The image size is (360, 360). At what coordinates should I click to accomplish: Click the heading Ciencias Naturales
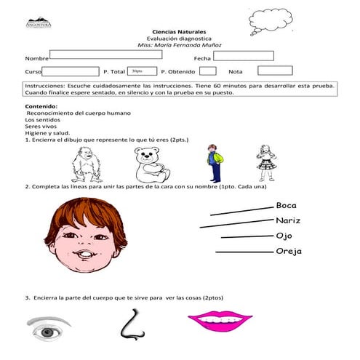click(x=180, y=32)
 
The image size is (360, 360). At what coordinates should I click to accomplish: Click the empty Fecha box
click(x=243, y=55)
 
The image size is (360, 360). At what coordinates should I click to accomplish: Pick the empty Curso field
click(x=70, y=71)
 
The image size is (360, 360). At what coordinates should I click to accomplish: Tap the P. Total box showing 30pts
click(x=142, y=71)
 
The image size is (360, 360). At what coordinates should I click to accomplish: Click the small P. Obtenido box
click(x=208, y=71)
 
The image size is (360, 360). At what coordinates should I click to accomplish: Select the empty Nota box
click(x=275, y=71)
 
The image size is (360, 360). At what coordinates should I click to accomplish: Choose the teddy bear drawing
click(x=151, y=165)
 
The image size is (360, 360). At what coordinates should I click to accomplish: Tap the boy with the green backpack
click(x=213, y=163)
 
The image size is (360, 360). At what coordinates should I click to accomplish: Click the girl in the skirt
click(x=265, y=163)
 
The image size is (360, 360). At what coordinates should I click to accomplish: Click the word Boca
click(x=287, y=206)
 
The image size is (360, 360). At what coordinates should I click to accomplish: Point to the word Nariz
click(x=288, y=221)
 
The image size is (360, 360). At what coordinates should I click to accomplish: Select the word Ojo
click(x=284, y=236)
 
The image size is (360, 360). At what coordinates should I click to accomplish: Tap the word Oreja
click(x=289, y=252)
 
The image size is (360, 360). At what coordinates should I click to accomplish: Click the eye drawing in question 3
click(x=49, y=329)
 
